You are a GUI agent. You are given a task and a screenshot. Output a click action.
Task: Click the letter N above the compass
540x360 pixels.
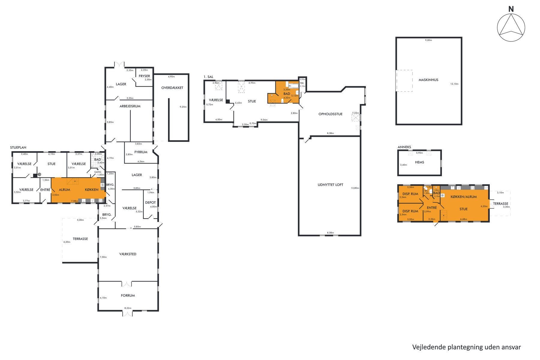[511, 9]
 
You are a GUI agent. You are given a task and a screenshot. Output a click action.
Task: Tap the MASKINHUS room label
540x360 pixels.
[428, 80]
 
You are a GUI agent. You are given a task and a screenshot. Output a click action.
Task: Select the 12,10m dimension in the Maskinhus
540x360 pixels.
[454, 84]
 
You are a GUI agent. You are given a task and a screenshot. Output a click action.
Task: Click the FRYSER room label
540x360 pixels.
[144, 76]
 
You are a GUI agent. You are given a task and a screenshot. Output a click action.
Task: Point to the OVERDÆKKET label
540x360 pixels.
[172, 88]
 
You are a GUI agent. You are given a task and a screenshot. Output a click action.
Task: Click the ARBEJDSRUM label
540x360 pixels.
[130, 106]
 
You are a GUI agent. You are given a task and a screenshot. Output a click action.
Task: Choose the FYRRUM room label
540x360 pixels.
[141, 152]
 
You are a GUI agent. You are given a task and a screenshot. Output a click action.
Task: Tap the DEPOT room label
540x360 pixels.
[150, 202]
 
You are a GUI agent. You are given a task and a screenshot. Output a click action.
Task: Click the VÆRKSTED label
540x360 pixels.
[128, 254]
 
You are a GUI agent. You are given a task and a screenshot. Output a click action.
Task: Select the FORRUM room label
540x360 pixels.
[128, 295]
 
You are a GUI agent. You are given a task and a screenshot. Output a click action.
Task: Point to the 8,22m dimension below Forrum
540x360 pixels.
[128, 308]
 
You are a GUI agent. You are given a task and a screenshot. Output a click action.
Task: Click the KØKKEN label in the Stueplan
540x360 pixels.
[91, 190]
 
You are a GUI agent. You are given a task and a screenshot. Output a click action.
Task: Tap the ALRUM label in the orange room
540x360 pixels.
[64, 190]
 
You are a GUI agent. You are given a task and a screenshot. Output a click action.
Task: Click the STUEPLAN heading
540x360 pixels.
[18, 148]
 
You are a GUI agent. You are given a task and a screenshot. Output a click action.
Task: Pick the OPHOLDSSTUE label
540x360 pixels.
[330, 114]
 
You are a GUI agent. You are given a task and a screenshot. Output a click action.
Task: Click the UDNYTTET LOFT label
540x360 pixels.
[330, 185]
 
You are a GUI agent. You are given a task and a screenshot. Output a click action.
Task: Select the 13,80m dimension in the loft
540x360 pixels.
[355, 188]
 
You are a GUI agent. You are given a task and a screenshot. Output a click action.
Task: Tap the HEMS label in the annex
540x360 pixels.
[419, 162]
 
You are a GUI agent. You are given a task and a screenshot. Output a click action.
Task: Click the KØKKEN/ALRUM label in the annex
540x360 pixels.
[463, 197]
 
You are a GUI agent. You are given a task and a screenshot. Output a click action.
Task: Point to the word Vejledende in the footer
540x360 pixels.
[429, 347]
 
